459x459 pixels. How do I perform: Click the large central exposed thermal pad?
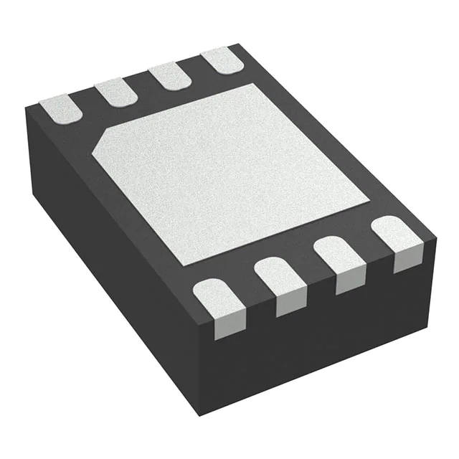(x=229, y=172)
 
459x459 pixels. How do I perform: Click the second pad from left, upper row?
(x=116, y=92)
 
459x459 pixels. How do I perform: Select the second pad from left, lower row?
(x=279, y=276)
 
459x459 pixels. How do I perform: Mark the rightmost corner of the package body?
(x=435, y=234)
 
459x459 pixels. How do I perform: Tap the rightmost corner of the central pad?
(x=370, y=197)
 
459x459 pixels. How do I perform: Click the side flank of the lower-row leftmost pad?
(x=224, y=326)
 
